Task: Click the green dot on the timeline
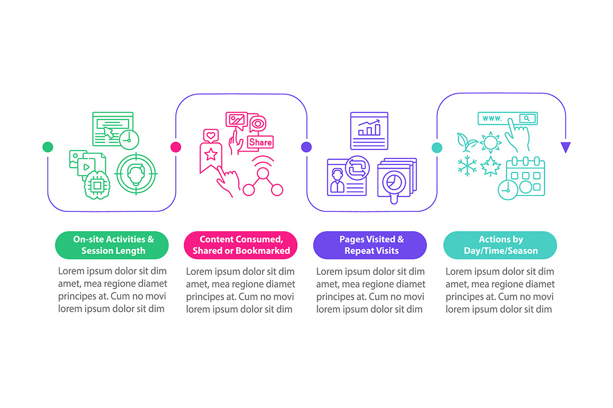point(48,147)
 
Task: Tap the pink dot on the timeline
point(176,147)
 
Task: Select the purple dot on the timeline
point(306,147)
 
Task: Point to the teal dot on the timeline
point(437,148)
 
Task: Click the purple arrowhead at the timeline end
point(565,147)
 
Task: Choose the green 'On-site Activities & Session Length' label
point(112,245)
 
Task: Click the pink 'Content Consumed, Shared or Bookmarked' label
point(241,245)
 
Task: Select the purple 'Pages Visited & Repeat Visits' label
point(370,245)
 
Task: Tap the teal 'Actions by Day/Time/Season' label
point(500,245)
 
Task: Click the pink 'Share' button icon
point(261,142)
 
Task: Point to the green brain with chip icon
point(97,185)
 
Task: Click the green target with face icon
point(136,173)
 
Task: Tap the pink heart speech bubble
point(211,136)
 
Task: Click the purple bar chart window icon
point(369,131)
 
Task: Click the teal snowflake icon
point(467,166)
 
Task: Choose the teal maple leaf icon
point(490,166)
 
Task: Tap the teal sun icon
point(490,142)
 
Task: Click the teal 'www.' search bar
point(507,118)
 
